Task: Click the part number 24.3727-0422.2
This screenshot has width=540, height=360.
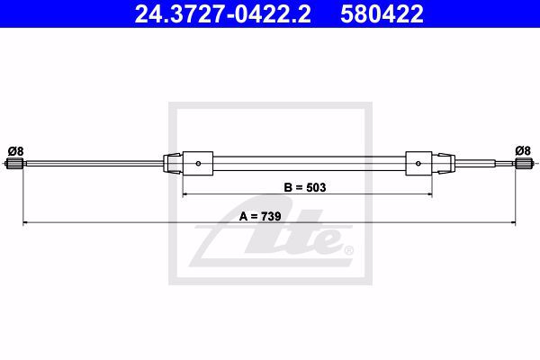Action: pyautogui.click(x=222, y=14)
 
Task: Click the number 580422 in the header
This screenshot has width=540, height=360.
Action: pyautogui.click(x=382, y=14)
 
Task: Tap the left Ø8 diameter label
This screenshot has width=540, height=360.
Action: pyautogui.click(x=16, y=151)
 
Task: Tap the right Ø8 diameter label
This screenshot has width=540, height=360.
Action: pyautogui.click(x=523, y=150)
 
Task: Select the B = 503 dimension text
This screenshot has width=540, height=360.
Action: pyautogui.click(x=305, y=187)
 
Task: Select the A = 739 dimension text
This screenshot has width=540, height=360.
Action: pyautogui.click(x=260, y=216)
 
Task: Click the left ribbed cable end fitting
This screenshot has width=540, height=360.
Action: pyautogui.click(x=14, y=164)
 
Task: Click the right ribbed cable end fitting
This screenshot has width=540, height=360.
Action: pyautogui.click(x=524, y=163)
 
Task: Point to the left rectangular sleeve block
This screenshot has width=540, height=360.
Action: pyautogui.click(x=198, y=163)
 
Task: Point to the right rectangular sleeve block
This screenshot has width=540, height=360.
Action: pyautogui.click(x=418, y=163)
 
